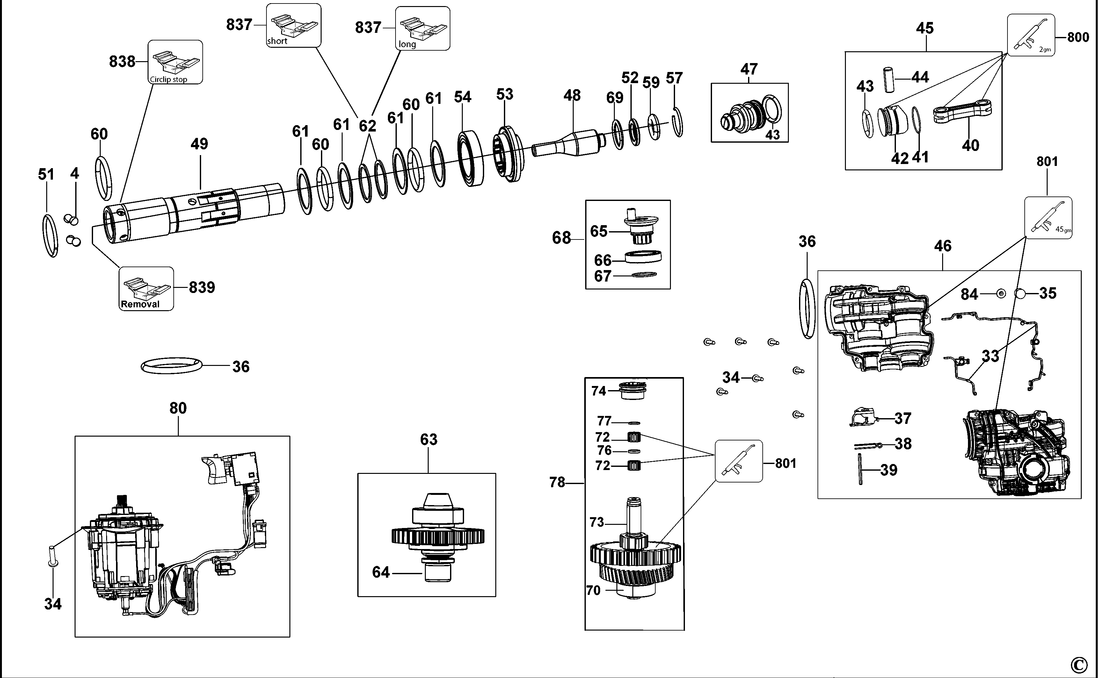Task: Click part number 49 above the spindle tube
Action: point(199,144)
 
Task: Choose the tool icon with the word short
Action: point(294,25)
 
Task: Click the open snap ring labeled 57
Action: point(679,122)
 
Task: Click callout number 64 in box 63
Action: point(381,572)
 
